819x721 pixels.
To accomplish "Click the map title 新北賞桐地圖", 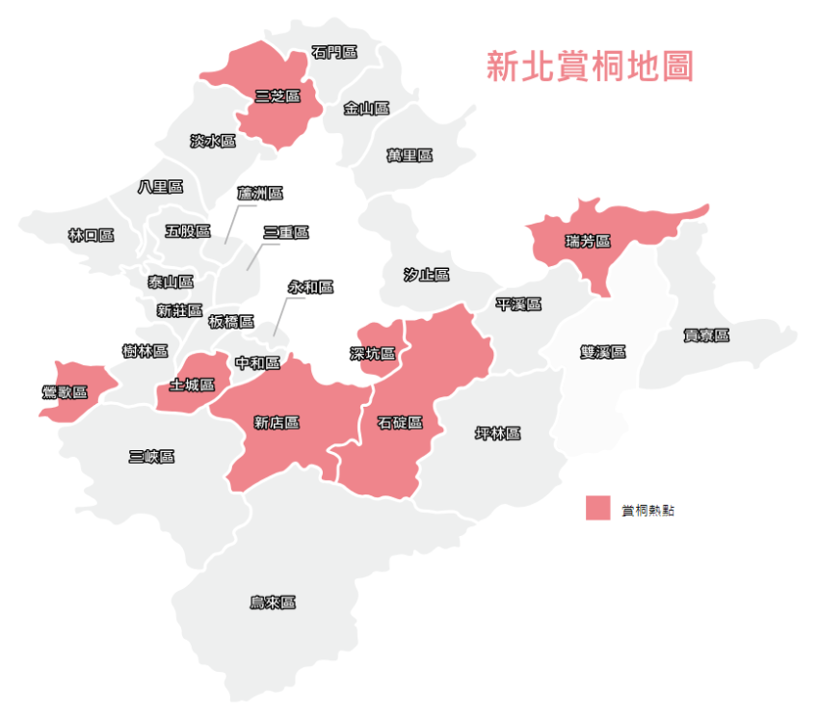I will (590, 66).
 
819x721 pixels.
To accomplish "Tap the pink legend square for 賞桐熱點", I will (598, 508).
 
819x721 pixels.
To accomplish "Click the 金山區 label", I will (366, 108).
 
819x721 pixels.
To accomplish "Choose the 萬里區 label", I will (409, 154).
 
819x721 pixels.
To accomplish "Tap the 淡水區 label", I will (213, 141).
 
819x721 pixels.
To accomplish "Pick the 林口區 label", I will (92, 234).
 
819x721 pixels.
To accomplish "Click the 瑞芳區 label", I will (588, 240).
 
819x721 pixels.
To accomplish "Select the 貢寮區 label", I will (706, 335).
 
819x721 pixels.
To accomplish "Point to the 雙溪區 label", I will (603, 352).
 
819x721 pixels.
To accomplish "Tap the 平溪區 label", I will (518, 305).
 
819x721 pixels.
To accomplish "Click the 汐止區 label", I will (426, 275).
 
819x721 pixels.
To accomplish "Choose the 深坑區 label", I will (372, 353).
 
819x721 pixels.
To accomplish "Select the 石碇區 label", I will (400, 422).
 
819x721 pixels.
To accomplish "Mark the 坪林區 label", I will (498, 433).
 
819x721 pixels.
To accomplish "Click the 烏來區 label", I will (273, 602).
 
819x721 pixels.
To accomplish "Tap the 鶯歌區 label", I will (66, 391).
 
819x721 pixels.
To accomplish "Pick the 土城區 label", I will (192, 385).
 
